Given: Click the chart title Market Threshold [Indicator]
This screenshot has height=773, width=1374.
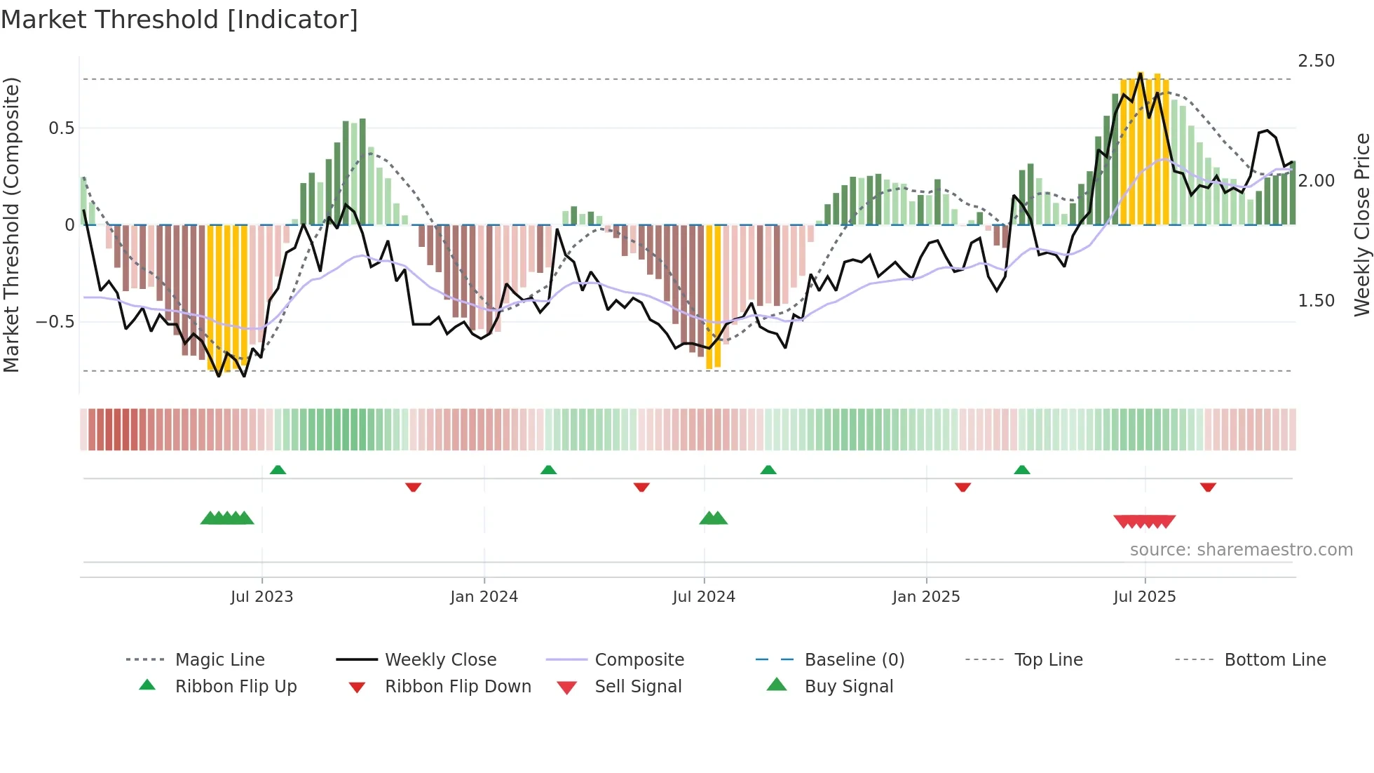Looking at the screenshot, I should coord(179,20).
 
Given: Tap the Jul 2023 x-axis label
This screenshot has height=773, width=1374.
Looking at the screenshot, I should coord(261,597).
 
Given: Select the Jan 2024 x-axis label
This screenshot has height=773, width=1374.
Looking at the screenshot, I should coord(484,597).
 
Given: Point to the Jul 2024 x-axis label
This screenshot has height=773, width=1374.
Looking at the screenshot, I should coord(703,597).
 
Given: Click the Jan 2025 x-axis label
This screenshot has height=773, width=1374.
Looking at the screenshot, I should coord(925,597).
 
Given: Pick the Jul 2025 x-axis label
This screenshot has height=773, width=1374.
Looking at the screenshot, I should coord(1144,597).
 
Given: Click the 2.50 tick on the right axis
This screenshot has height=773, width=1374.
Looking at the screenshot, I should coord(1316,61).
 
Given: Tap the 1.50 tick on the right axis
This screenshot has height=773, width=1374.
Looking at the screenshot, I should coord(1316,301).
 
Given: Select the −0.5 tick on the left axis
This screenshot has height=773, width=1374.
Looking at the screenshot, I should coord(55,322).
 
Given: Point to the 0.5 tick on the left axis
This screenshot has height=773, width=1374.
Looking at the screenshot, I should coord(61,128).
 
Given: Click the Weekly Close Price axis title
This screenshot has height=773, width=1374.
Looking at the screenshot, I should coord(1361,224).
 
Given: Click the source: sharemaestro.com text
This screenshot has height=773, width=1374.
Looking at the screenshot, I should coord(1241,550).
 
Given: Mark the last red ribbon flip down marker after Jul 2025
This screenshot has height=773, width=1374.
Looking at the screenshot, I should coord(1207,487).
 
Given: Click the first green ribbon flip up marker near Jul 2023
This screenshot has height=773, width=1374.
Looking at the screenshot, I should coord(278,470).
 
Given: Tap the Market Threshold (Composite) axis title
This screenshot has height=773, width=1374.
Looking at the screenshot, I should coord(11,224).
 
